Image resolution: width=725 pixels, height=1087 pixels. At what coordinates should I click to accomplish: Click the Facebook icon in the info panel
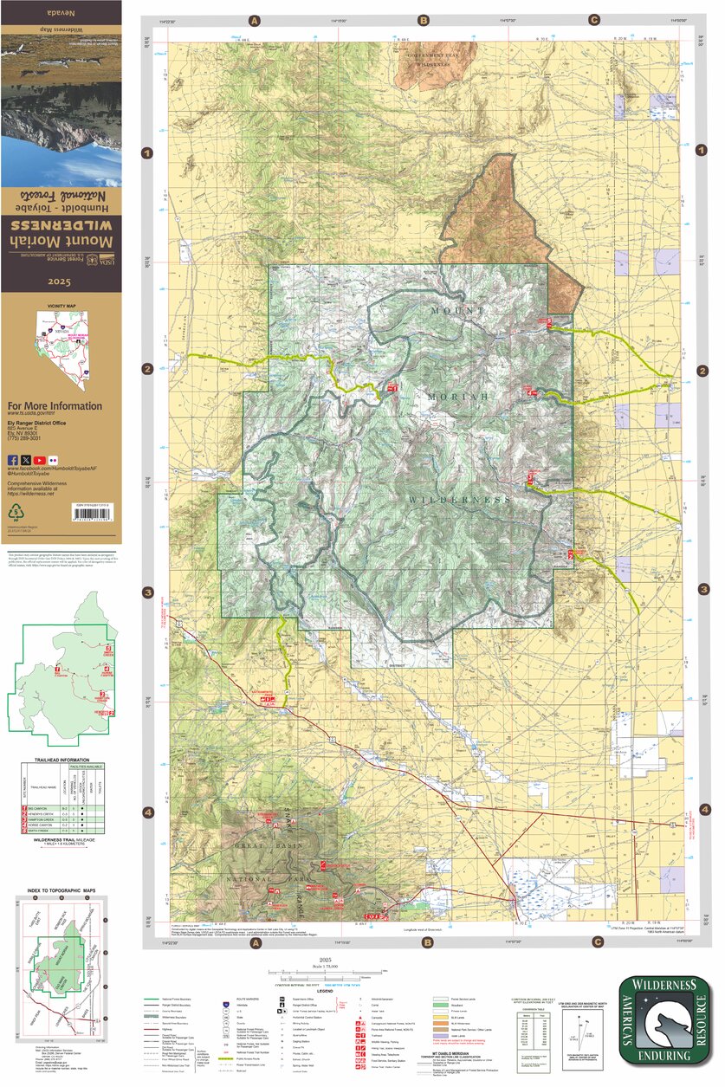click(13, 459)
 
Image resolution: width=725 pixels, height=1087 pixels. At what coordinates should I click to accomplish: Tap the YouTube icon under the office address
click(40, 459)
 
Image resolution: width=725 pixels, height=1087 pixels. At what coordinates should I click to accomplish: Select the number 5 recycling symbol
click(15, 515)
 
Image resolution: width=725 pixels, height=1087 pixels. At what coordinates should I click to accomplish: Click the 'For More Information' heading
click(54, 406)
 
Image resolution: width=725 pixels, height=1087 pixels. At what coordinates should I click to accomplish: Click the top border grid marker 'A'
click(255, 20)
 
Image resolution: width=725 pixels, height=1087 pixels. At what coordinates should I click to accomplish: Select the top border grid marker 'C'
click(594, 20)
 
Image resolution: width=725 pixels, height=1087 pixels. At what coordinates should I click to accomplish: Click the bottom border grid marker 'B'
click(424, 942)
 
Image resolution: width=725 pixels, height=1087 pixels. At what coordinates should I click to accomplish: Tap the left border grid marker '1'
click(148, 153)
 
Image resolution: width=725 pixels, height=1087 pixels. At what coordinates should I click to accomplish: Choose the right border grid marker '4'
click(704, 810)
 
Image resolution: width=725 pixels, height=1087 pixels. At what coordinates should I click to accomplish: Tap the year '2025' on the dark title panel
click(60, 282)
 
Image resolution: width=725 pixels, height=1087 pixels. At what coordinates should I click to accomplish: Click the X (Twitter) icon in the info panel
click(26, 459)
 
